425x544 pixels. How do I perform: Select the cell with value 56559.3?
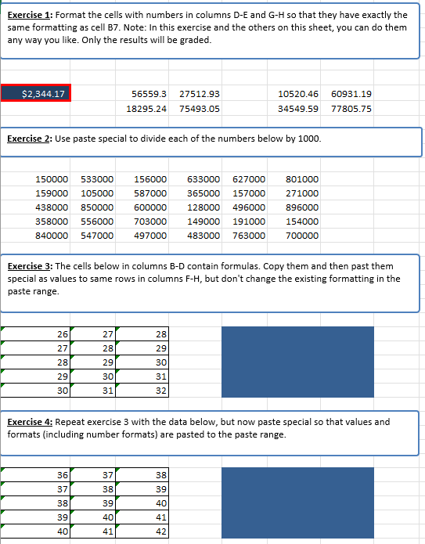pos(147,94)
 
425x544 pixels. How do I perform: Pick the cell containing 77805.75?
pos(351,109)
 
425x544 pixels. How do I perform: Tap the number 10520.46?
pos(298,94)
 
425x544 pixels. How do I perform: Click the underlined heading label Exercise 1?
pos(29,15)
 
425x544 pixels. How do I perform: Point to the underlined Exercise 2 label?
pos(29,139)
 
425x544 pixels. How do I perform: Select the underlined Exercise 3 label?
pos(29,266)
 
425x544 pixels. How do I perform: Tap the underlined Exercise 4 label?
pos(29,422)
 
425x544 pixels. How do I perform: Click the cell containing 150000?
pos(52,179)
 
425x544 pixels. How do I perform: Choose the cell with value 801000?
pos(302,179)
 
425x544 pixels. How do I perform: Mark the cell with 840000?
pos(52,236)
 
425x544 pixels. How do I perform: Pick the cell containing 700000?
pos(302,236)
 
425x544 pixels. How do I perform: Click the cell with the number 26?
pos(62,334)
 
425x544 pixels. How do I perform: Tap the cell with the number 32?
pos(161,390)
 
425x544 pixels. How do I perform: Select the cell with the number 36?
pos(62,475)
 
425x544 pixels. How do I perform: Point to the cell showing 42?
pos(161,531)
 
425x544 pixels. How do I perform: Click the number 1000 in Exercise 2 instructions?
pos(307,139)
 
